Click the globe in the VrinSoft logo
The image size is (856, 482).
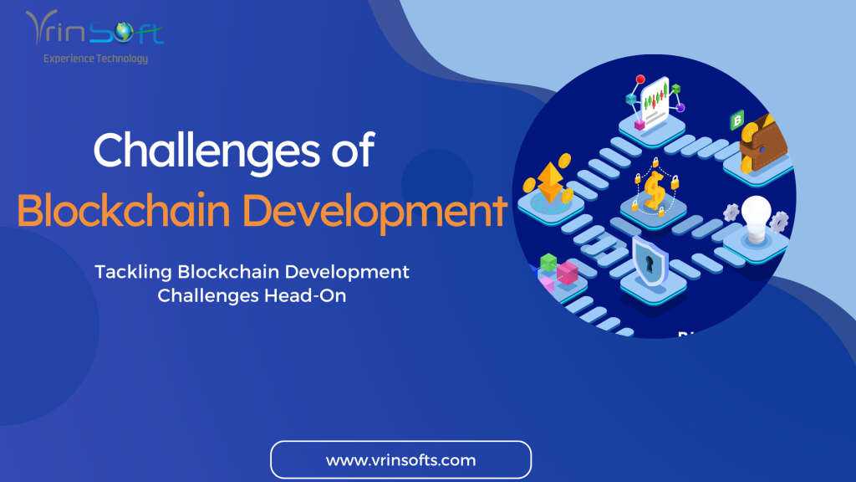124,31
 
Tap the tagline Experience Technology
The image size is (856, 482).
95,59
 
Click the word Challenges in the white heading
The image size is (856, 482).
207,151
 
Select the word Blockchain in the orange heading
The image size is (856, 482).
124,210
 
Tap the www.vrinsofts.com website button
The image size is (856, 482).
400,459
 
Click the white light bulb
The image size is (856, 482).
756,219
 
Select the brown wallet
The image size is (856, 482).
763,143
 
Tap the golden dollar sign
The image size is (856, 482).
654,190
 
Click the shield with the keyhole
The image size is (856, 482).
650,261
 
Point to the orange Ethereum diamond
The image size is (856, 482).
550,182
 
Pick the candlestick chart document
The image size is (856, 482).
655,101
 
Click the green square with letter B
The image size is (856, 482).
737,120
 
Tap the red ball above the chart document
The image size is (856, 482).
640,79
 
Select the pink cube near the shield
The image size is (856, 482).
568,273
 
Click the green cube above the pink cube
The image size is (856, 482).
548,262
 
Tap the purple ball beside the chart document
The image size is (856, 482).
680,108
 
